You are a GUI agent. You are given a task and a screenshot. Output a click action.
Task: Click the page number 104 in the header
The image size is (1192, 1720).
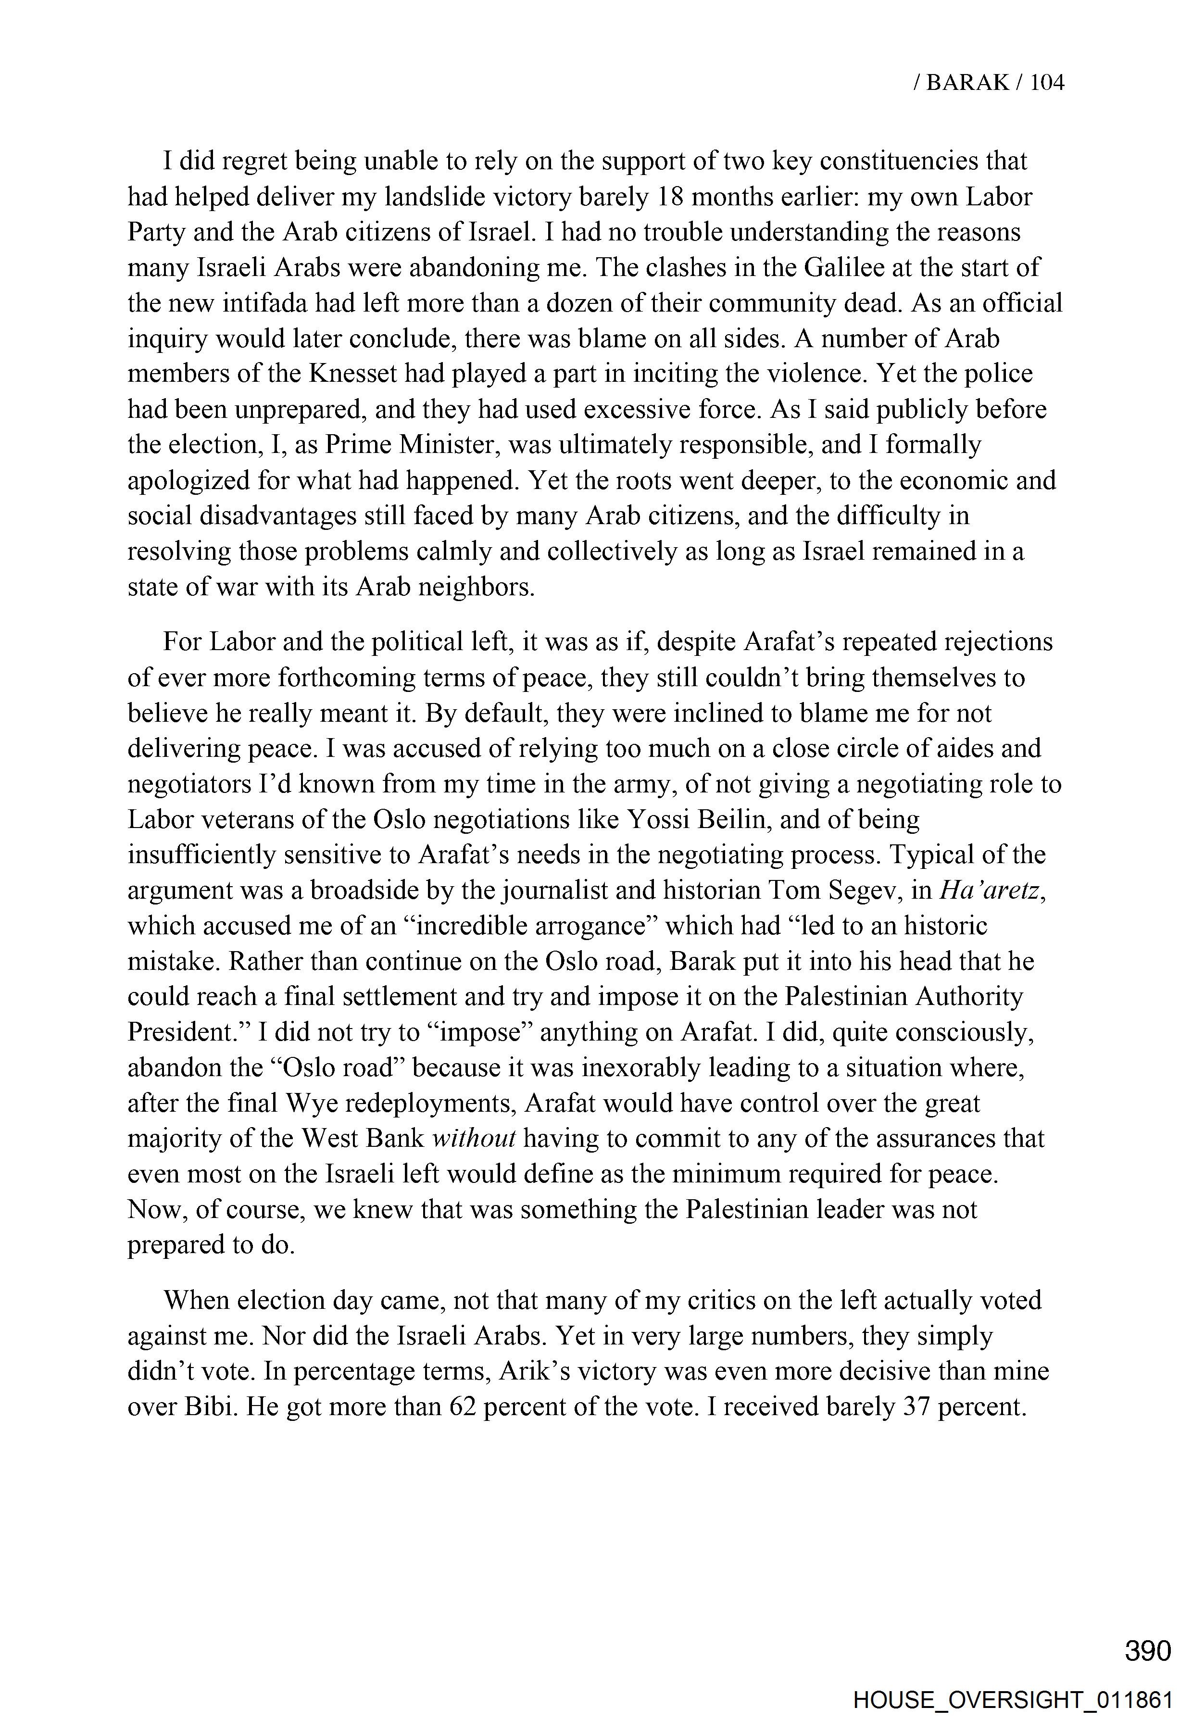coord(1046,82)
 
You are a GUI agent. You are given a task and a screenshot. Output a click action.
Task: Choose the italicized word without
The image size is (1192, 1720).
coord(474,1138)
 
